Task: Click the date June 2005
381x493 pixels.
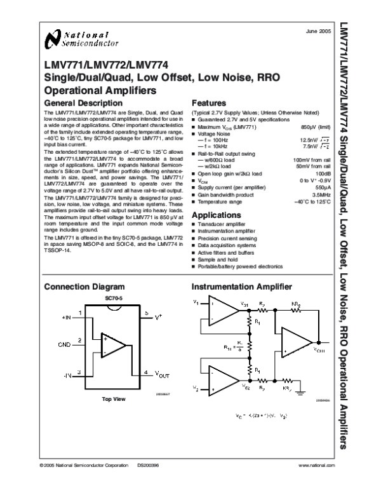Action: coord(317,31)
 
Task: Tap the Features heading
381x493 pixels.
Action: coord(209,103)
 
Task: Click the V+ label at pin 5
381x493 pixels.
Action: coord(159,315)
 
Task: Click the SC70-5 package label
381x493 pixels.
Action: coord(114,297)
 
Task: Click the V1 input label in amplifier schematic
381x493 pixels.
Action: coord(196,302)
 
